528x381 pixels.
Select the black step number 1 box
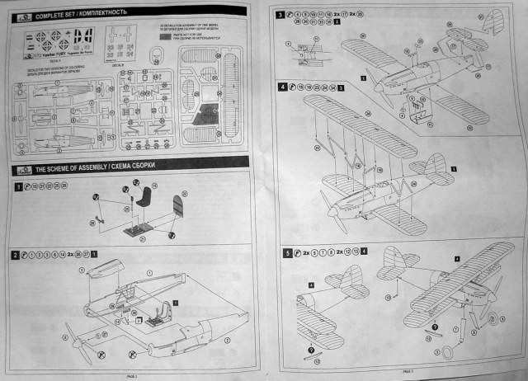[18, 187]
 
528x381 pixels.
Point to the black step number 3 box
[281, 16]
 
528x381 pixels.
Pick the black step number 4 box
[284, 87]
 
